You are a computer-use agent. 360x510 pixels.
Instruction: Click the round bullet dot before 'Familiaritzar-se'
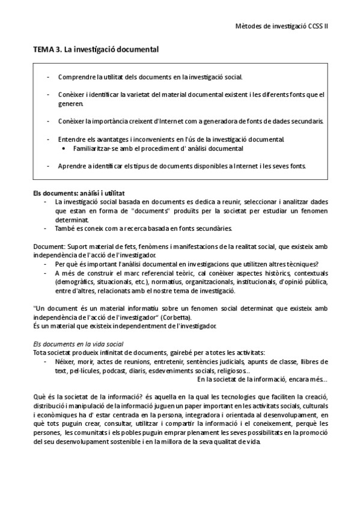point(64,148)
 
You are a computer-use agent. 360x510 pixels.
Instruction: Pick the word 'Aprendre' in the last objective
point(72,165)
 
